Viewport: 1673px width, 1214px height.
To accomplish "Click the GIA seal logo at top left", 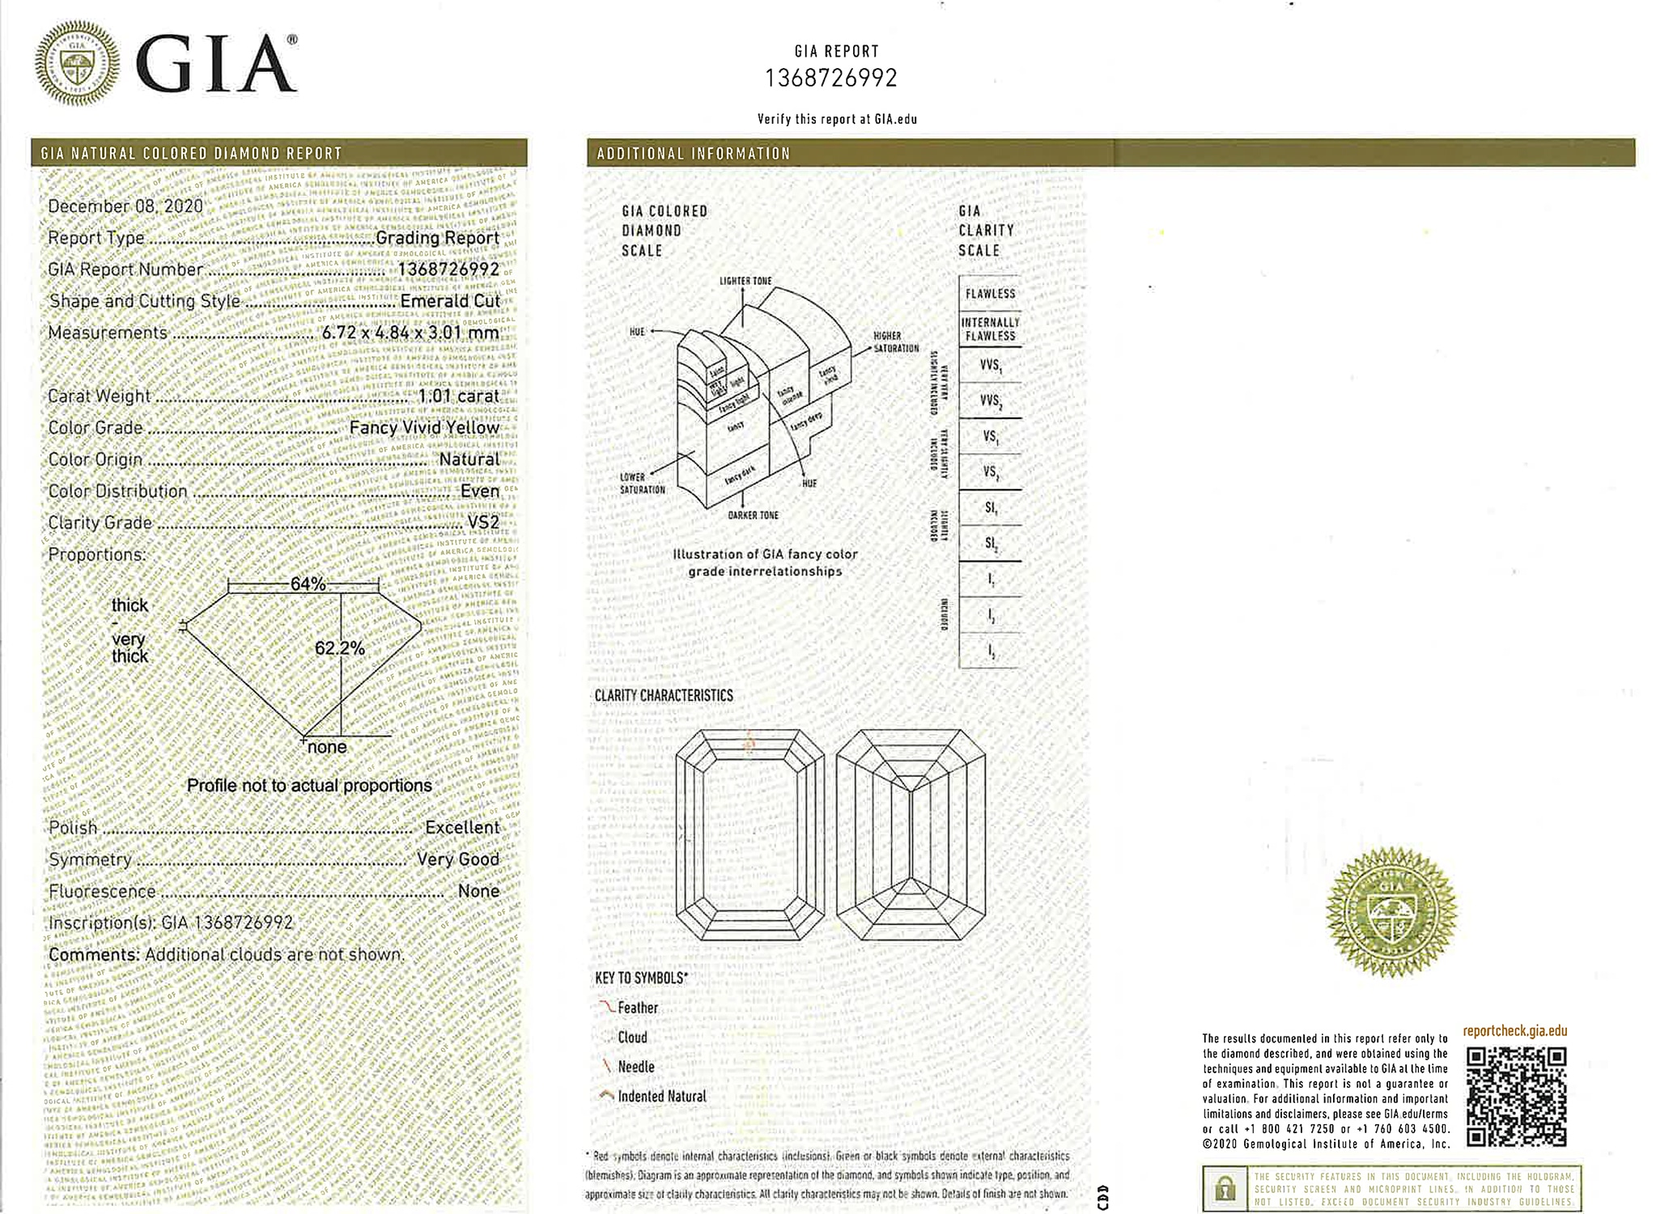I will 77,64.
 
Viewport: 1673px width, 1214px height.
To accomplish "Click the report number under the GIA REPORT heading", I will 831,79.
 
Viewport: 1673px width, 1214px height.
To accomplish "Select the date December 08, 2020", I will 125,206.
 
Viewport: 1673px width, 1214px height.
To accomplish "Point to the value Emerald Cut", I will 450,301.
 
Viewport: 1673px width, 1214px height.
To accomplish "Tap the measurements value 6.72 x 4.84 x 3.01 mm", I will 410,333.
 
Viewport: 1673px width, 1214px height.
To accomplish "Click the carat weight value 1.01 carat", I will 458,396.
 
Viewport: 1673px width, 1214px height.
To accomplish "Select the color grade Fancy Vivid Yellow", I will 424,427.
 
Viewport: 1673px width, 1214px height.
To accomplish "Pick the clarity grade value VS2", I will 483,523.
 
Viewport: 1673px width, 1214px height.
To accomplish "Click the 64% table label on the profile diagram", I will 308,584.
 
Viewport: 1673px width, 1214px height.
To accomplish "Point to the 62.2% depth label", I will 339,648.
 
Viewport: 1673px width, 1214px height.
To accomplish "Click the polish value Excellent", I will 462,827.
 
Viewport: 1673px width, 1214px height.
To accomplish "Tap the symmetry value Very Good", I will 457,860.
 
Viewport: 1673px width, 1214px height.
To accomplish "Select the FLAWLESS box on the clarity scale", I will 990,294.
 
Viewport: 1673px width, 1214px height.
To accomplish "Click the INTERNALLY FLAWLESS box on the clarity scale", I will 990,329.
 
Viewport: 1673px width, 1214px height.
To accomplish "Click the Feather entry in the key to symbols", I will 638,1008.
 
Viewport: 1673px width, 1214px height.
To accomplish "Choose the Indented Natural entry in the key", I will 661,1097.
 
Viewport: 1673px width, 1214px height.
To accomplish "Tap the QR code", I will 1516,1097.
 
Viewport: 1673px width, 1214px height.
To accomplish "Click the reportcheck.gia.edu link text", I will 1514,1031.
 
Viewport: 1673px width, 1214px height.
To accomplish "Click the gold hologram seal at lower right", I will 1391,910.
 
